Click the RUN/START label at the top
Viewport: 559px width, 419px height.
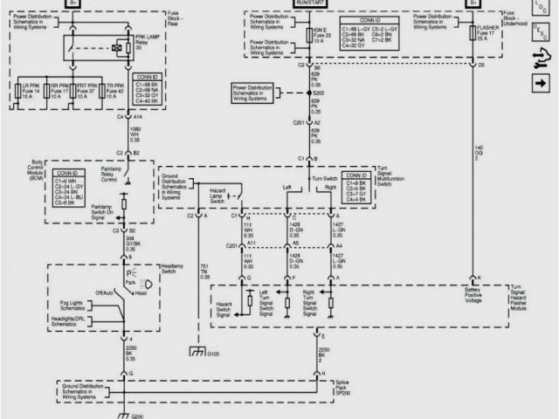314,3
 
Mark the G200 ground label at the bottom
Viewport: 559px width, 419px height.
137,416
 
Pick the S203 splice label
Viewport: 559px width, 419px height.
318,92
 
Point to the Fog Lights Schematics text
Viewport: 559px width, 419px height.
84,306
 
